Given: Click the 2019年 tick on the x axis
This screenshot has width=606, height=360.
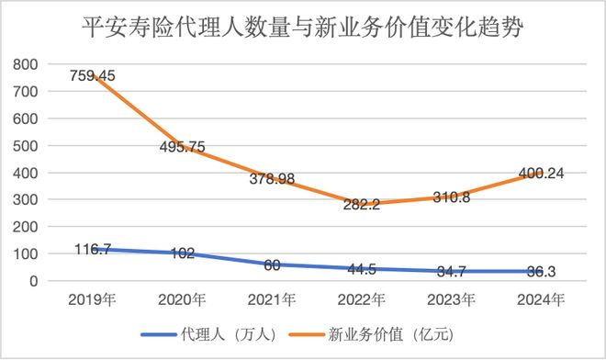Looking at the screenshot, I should (x=92, y=298).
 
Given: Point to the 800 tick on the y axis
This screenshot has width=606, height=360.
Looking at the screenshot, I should (x=26, y=64).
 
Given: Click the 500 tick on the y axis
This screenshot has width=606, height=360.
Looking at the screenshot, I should (x=26, y=145).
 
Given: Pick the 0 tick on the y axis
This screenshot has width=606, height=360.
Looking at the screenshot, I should (x=33, y=281).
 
